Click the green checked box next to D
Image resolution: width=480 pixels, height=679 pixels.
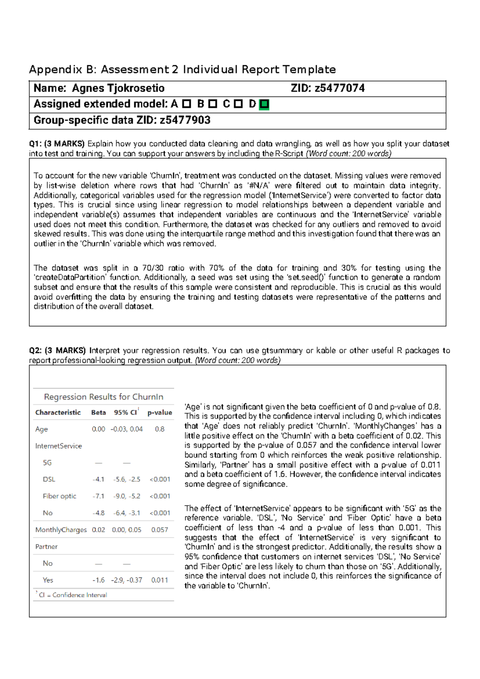coord(264,105)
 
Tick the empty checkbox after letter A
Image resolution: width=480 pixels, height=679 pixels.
coord(186,104)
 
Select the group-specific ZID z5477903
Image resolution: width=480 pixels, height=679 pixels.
coord(185,120)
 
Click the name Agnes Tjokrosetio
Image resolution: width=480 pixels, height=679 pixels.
coord(118,88)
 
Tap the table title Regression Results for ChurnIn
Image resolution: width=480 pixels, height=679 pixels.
coord(104,397)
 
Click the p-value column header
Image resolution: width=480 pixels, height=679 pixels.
coord(160,412)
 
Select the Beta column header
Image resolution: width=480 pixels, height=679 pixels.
coord(98,412)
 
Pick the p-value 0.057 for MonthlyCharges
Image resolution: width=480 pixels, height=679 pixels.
coord(160,530)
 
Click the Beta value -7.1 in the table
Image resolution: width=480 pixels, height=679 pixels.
coord(98,496)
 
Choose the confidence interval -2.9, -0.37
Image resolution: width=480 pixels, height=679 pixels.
coord(126,580)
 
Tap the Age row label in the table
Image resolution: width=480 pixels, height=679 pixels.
coord(42,429)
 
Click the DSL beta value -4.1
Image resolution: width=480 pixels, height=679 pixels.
coord(98,479)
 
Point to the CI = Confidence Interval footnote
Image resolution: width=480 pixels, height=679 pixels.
coord(73,595)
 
